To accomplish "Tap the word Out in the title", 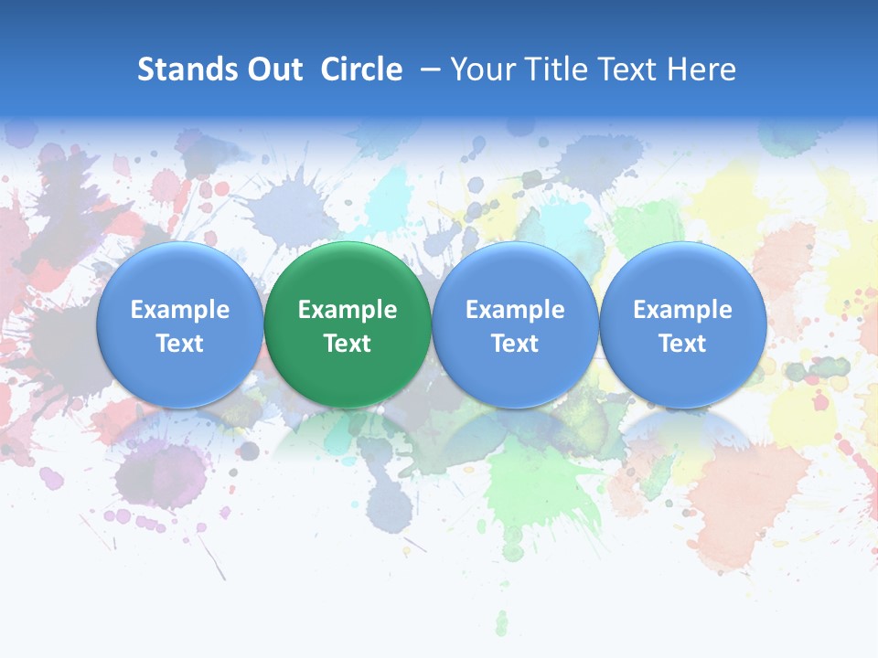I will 273,69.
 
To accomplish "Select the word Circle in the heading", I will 361,69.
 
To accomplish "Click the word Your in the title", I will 482,69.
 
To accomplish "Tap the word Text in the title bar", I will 623,69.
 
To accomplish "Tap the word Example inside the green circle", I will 348,310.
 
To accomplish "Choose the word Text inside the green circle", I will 348,344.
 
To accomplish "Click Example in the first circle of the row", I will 179,310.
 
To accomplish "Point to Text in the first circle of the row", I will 179,344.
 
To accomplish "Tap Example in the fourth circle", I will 683,310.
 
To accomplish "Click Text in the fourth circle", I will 683,344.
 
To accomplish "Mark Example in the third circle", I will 515,310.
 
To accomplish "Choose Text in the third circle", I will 515,344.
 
